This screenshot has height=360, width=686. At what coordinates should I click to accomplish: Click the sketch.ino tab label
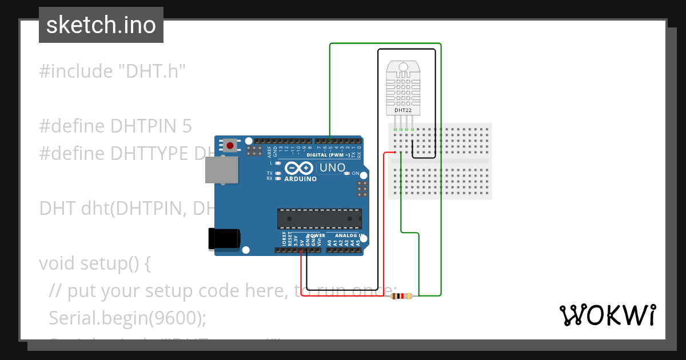(x=101, y=25)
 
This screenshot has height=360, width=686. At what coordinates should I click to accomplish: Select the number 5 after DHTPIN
(x=187, y=126)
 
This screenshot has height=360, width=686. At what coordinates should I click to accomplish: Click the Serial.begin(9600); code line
(x=127, y=318)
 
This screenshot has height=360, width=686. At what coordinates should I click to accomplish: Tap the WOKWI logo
(x=607, y=315)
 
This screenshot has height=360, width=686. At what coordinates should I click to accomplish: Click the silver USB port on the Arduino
(x=221, y=170)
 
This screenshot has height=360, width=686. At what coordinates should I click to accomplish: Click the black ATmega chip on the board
(x=319, y=218)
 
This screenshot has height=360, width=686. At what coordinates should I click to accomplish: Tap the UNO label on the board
(x=332, y=168)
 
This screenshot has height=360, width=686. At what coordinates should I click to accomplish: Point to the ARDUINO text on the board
(x=300, y=179)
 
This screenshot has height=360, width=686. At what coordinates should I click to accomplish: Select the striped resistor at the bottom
(x=402, y=296)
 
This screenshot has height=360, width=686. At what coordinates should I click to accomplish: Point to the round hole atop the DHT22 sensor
(x=404, y=67)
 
